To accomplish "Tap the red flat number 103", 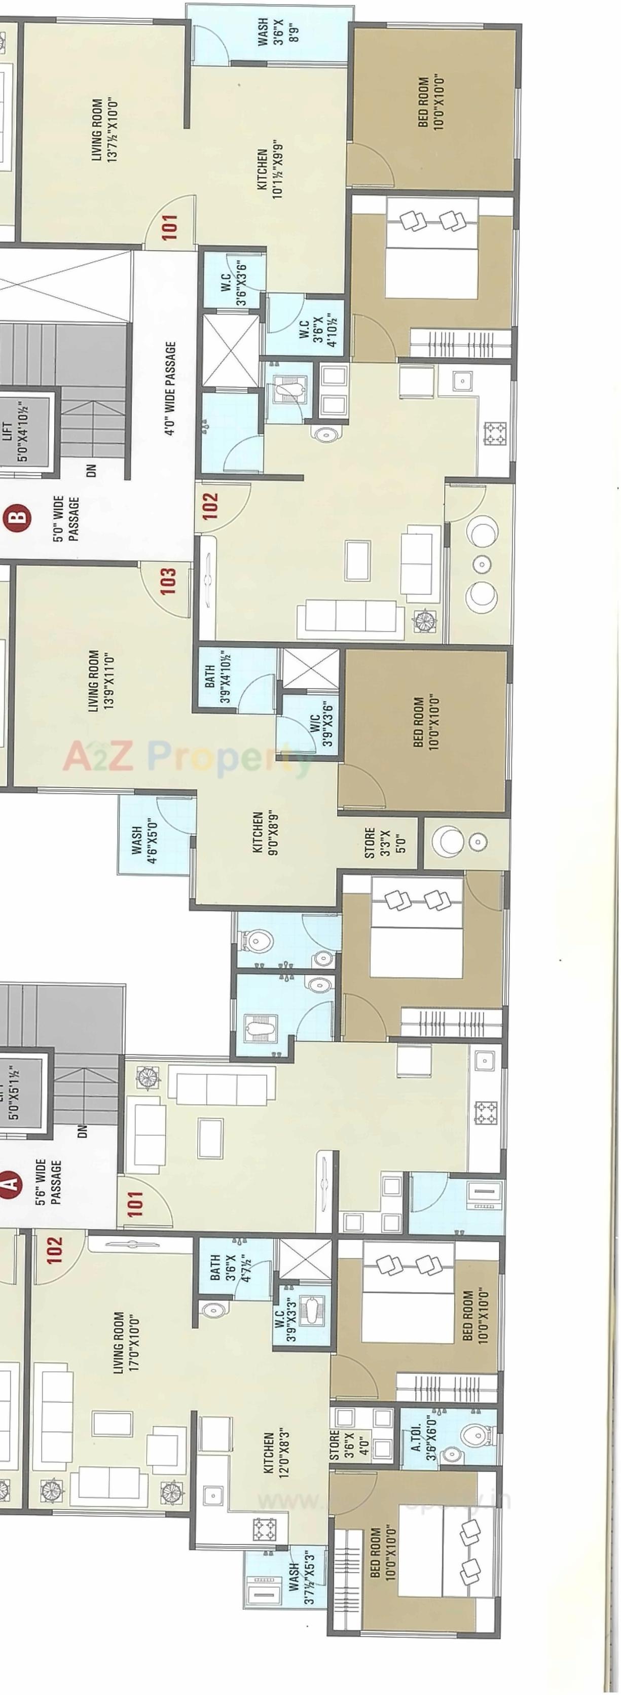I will (x=168, y=581).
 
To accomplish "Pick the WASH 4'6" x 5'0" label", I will (x=143, y=836).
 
